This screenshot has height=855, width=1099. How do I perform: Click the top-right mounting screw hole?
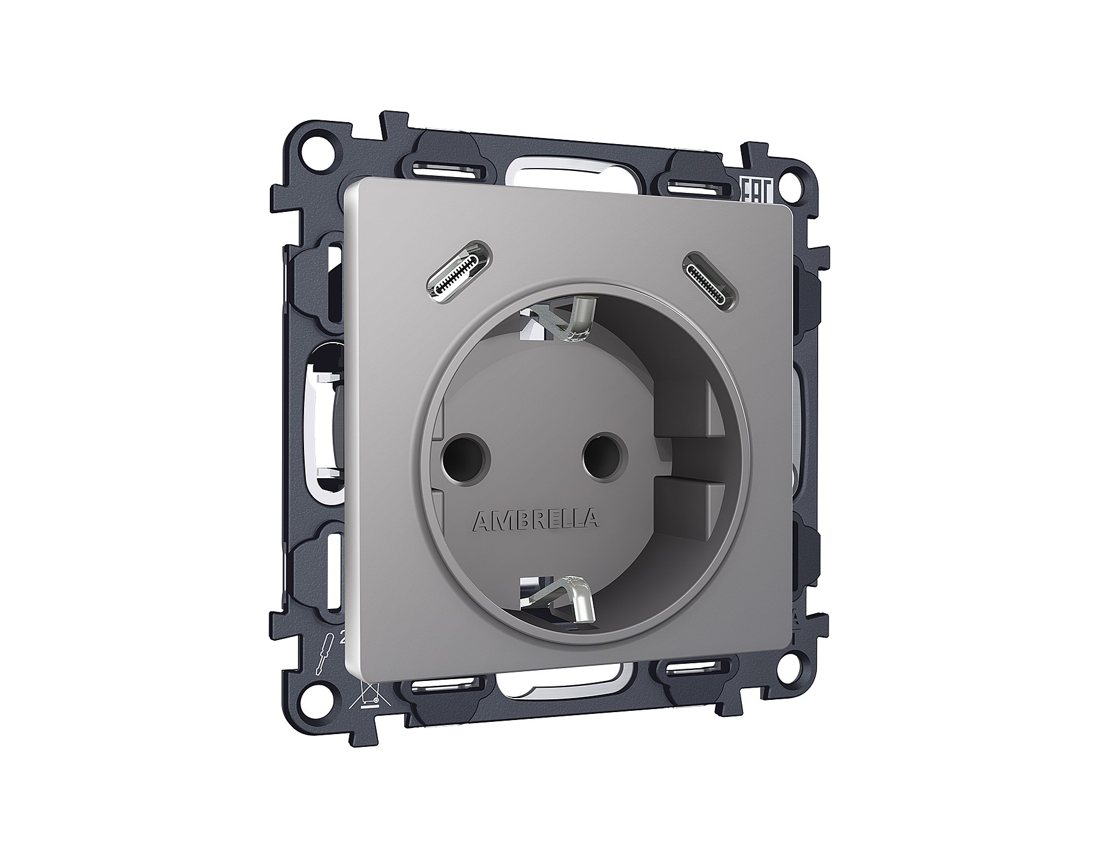click(792, 181)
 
